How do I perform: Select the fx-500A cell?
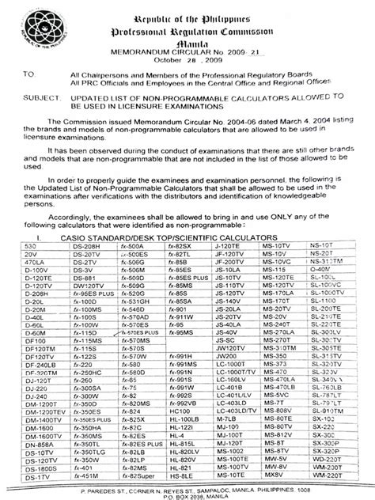click(x=130, y=245)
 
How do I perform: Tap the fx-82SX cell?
click(x=179, y=245)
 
